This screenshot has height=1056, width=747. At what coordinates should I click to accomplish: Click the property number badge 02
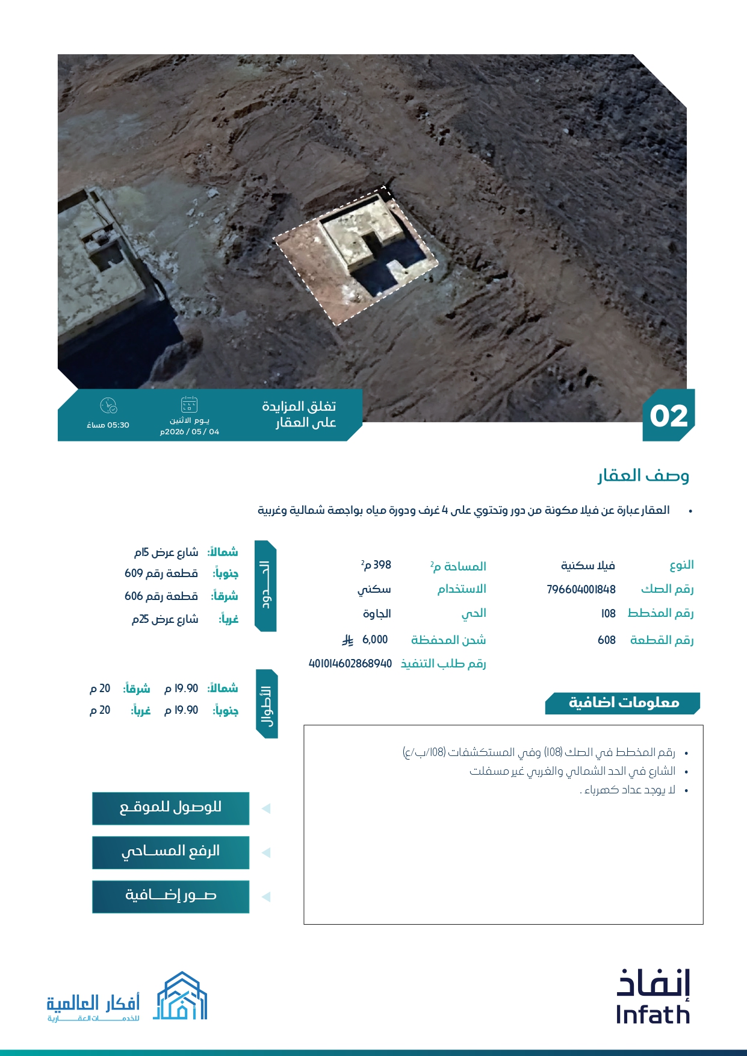point(668,416)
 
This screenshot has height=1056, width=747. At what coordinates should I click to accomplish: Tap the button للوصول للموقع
point(170,808)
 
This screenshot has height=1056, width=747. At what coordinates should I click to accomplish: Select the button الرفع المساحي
point(170,852)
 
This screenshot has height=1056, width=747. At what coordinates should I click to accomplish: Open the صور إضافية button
point(170,896)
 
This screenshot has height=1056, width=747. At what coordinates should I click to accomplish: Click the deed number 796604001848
point(581,589)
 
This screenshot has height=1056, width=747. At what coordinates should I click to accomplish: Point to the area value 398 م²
point(376,565)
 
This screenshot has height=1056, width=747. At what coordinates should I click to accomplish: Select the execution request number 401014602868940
point(350,663)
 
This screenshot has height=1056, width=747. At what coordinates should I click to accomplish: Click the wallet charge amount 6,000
point(374,639)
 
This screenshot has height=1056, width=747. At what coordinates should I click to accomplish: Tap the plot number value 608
point(606,640)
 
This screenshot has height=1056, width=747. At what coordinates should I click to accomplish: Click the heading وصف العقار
point(643,476)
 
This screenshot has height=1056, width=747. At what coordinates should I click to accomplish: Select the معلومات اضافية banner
point(623,703)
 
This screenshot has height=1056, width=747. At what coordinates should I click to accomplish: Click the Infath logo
point(652,997)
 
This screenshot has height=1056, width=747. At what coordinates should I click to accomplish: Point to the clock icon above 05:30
point(108,405)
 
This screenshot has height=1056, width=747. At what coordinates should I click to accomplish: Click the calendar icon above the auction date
point(189,404)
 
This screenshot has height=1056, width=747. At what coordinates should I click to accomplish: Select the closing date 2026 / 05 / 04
point(190,432)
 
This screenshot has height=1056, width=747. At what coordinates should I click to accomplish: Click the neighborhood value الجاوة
point(377,613)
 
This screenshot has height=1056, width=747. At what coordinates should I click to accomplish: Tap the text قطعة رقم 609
point(161,573)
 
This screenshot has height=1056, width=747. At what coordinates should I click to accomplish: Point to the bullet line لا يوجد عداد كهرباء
point(629,790)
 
